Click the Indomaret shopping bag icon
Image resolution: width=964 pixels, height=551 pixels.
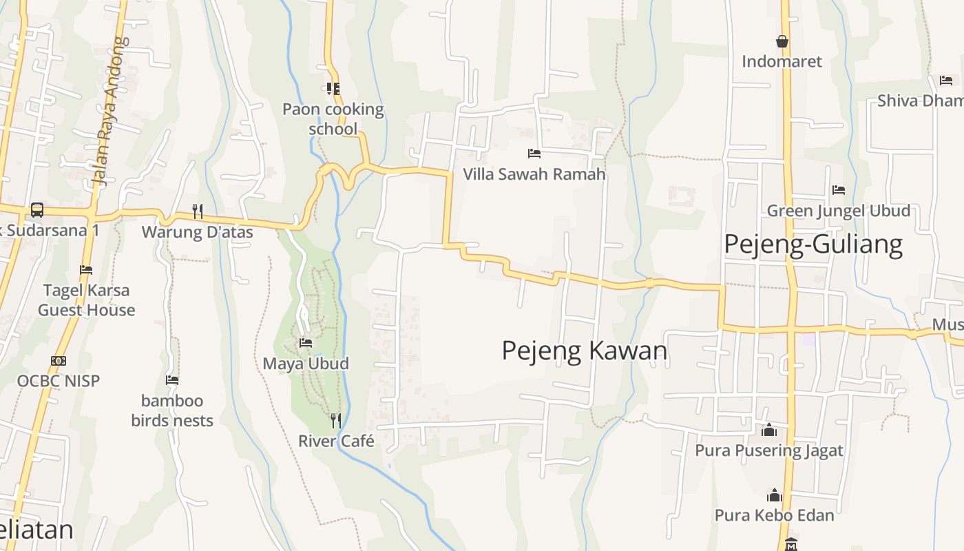click(782, 41)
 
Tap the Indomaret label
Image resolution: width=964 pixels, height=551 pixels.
click(782, 61)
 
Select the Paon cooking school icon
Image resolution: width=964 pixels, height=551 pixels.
click(333, 88)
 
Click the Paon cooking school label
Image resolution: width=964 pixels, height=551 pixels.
click(333, 118)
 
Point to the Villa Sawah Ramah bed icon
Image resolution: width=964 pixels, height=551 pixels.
click(534, 153)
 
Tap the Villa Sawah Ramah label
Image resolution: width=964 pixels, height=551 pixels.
click(534, 174)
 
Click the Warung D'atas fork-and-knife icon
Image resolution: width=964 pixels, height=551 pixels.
click(198, 211)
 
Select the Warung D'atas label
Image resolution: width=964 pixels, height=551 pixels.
click(198, 232)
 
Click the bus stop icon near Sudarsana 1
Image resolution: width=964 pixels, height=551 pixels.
click(37, 209)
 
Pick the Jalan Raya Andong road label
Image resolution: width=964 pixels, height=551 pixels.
click(110, 110)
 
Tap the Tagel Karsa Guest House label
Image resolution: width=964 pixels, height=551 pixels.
click(86, 300)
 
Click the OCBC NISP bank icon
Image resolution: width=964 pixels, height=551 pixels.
click(59, 360)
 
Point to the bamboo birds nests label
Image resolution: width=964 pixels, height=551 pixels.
click(172, 410)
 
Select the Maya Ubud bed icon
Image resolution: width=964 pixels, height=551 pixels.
click(306, 342)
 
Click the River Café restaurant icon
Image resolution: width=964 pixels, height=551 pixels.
click(336, 419)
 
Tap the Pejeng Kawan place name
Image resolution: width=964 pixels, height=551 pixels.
click(585, 351)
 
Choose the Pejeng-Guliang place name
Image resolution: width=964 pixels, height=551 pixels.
click(813, 245)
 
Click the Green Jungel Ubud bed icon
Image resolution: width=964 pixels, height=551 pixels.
click(838, 189)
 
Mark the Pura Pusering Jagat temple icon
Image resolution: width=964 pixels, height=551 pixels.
click(769, 430)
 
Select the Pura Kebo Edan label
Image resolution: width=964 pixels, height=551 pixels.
click(774, 515)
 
